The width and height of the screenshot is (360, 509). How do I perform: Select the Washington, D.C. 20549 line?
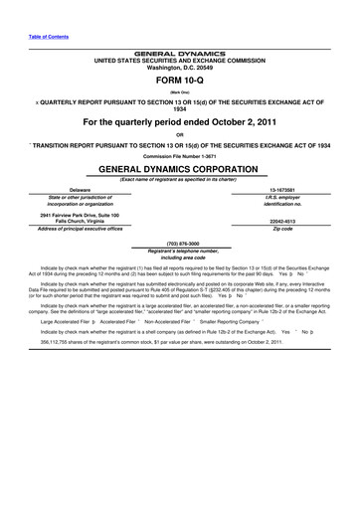[180, 67]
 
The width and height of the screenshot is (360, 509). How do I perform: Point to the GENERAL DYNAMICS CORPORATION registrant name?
[180, 170]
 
